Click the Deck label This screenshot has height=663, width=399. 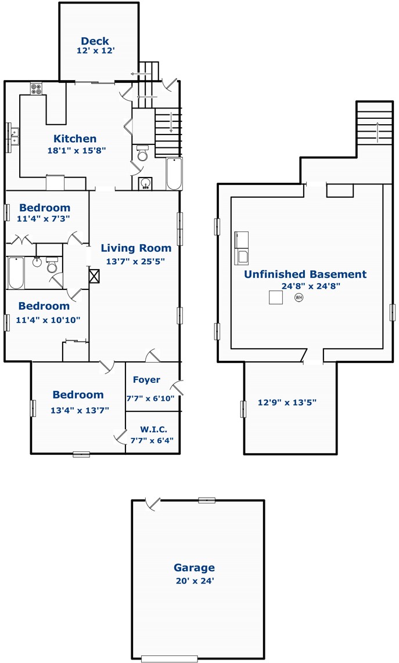(x=95, y=41)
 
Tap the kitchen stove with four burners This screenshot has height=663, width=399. (x=36, y=89)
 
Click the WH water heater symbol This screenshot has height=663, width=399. (x=299, y=297)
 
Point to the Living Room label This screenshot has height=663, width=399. (x=136, y=248)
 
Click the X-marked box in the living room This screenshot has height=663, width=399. (x=95, y=276)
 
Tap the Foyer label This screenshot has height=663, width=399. (x=146, y=380)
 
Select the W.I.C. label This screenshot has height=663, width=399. (x=153, y=429)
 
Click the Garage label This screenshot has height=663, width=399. (x=194, y=567)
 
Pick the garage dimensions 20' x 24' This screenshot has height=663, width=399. (x=195, y=581)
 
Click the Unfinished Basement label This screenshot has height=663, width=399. (x=305, y=274)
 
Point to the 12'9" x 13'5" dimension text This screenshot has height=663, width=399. (x=287, y=402)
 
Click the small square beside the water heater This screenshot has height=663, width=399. (x=276, y=297)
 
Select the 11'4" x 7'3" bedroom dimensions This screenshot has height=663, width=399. (x=43, y=219)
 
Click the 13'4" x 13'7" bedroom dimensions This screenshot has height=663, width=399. (x=80, y=410)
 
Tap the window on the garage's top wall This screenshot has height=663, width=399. (x=207, y=500)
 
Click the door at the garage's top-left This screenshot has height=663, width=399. (x=152, y=504)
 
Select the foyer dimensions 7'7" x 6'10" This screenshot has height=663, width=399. (x=150, y=398)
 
